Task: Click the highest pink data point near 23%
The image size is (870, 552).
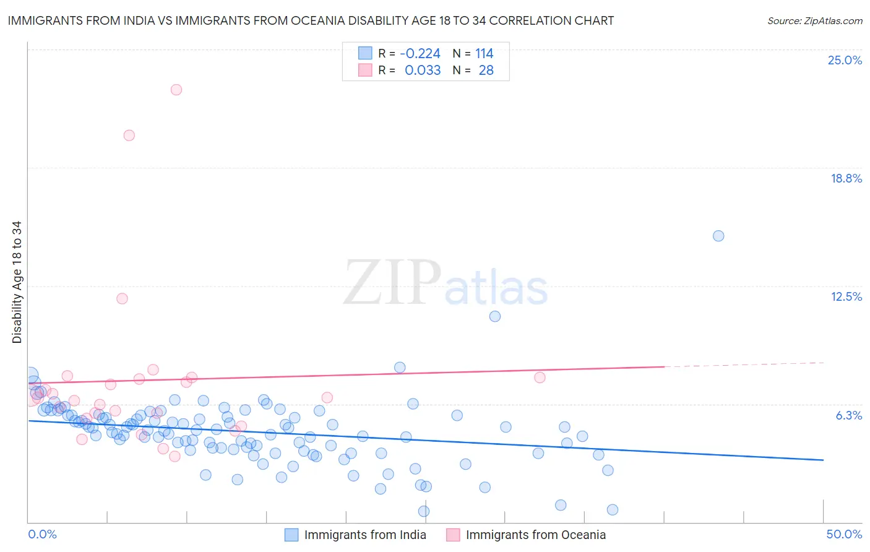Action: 176,90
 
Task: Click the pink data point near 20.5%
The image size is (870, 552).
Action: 129,136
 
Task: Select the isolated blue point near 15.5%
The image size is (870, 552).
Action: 718,236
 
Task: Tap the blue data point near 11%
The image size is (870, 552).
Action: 495,316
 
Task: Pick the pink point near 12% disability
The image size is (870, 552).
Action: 123,299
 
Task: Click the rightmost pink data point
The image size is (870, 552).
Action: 540,377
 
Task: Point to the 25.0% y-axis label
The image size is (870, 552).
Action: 845,60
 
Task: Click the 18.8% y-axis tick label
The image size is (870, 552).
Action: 846,178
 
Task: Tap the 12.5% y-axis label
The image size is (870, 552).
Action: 846,296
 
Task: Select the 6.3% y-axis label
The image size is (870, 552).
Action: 848,415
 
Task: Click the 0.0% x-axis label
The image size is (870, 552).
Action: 42,534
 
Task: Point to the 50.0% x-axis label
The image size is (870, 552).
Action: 844,534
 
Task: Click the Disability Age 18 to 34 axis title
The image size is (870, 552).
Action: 17,282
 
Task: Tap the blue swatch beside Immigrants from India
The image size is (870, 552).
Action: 291,535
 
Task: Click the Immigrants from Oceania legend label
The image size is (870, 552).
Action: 535,535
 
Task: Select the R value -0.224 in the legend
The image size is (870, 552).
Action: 420,54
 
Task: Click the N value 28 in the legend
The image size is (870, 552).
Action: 486,71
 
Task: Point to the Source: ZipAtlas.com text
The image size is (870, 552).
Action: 814,21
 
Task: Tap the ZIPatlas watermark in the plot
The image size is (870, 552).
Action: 446,283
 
